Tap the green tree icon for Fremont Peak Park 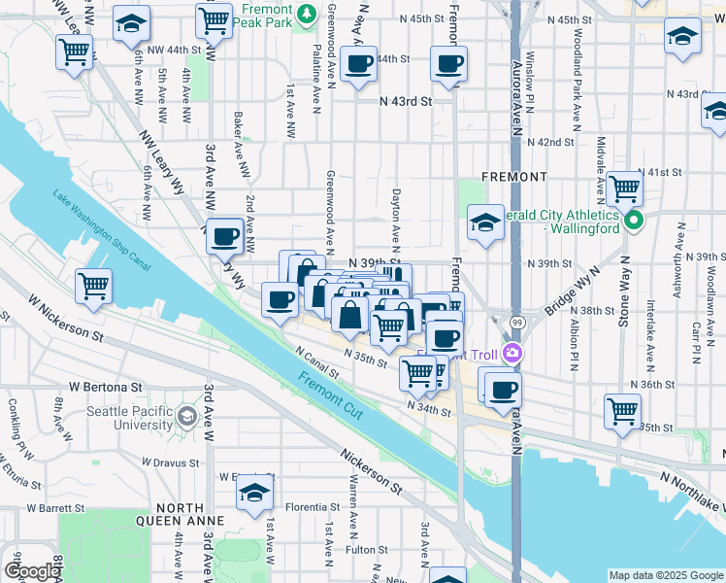(x=307, y=14)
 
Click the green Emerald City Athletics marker (x=635, y=222)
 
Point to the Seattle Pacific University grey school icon (x=186, y=418)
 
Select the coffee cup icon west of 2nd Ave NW (x=225, y=234)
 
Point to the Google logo (x=31, y=571)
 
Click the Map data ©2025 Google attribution (x=666, y=575)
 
